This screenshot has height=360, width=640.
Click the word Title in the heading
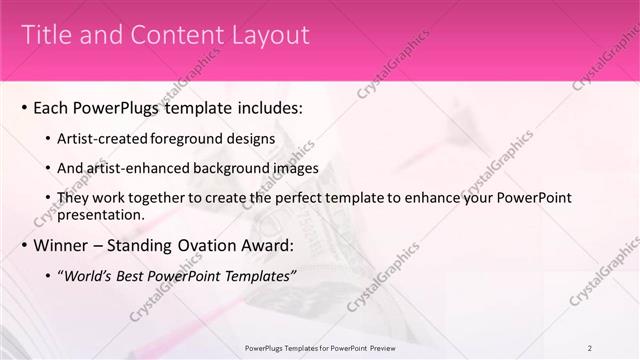click(44, 35)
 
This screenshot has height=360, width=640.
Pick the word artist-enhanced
click(138, 168)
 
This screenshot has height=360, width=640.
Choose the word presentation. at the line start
click(103, 213)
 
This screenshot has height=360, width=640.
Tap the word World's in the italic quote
click(89, 276)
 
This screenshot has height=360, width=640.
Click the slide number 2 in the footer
click(589, 347)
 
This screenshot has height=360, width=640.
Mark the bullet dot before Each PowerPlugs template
click(23, 107)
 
